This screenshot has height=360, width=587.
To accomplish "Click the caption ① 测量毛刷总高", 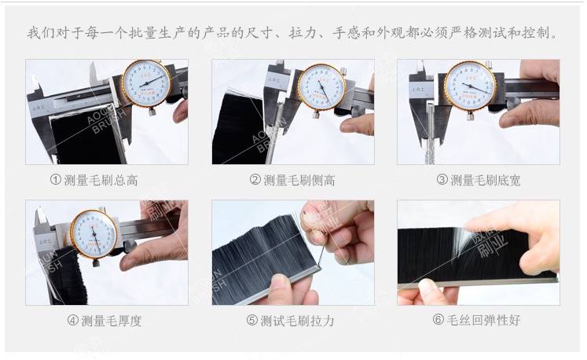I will tap(94, 180).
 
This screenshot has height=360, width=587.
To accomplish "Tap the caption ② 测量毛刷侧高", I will tap(292, 180).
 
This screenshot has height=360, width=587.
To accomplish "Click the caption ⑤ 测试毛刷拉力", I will tap(291, 321).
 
